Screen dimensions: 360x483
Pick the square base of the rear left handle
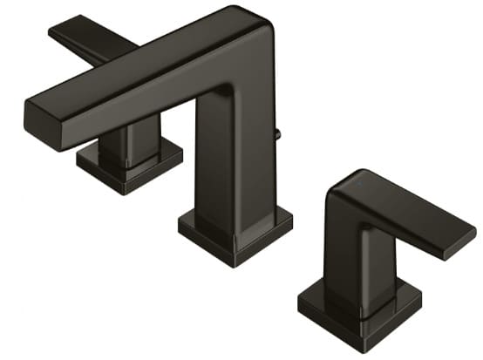[129, 164]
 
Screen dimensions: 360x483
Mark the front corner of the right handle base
[345, 336]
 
